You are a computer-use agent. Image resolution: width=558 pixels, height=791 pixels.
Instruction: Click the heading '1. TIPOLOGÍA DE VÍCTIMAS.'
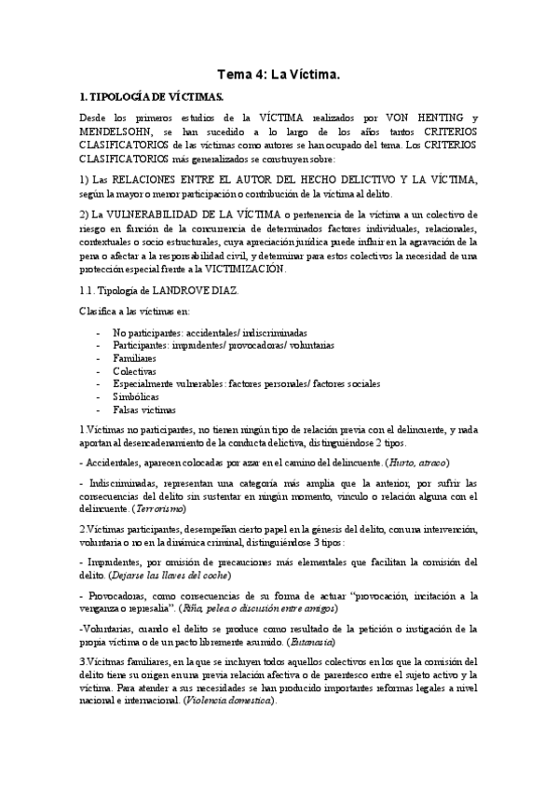pos(151,96)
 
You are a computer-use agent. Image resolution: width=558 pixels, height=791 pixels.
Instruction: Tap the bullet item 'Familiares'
pos(135,358)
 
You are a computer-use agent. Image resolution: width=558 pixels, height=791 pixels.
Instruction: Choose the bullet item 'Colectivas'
pos(134,371)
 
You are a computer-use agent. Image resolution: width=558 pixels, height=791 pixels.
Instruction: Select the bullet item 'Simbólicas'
pos(135,396)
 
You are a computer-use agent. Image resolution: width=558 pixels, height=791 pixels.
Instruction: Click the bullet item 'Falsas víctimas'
pos(145,409)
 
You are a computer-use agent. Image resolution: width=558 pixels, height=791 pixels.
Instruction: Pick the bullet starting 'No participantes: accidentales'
pos(210,333)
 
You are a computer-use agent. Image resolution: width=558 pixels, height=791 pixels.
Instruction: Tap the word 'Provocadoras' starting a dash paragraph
pos(116,595)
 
